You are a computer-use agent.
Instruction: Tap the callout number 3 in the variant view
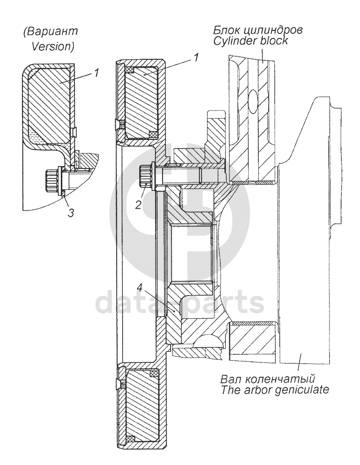coord(71,213)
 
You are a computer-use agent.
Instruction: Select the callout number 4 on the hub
coord(142,288)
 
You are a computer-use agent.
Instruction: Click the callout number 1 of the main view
coord(196,58)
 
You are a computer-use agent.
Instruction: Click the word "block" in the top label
coord(275,41)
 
